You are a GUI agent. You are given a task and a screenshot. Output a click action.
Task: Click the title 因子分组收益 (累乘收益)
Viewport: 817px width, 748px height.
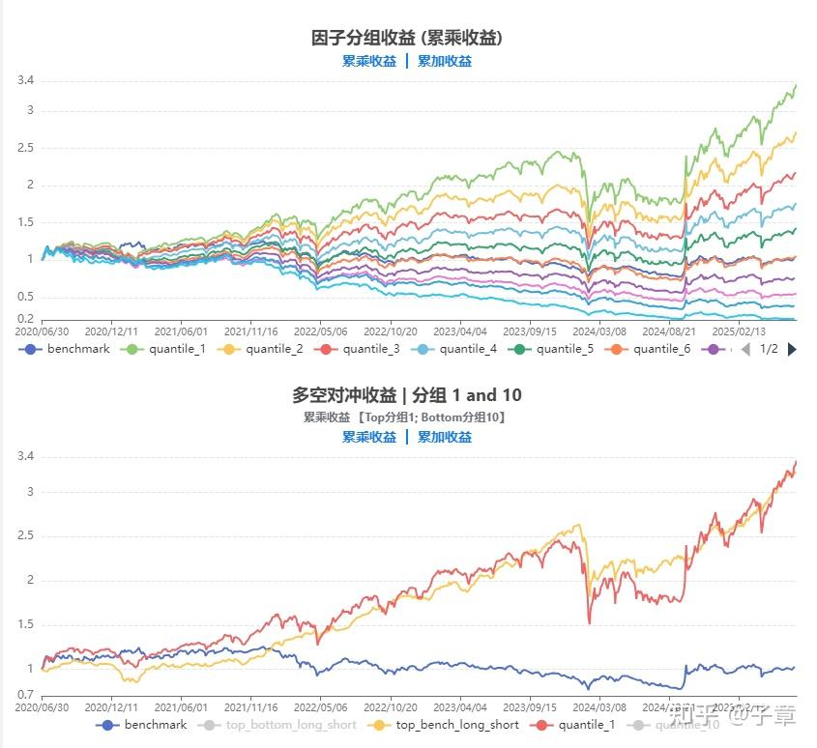pyautogui.click(x=407, y=38)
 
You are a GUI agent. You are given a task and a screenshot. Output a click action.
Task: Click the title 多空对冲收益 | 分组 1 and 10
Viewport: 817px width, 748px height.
pyautogui.click(x=407, y=395)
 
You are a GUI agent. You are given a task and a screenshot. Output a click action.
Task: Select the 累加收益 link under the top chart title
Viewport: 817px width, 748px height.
pyautogui.click(x=445, y=61)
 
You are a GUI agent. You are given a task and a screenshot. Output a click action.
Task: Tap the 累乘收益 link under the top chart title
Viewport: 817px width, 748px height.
pyautogui.click(x=369, y=61)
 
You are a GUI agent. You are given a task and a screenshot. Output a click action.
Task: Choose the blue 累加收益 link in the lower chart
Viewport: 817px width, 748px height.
pyautogui.click(x=445, y=437)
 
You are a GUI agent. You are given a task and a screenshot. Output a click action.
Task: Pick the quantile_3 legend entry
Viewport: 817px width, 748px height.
pyautogui.click(x=364, y=349)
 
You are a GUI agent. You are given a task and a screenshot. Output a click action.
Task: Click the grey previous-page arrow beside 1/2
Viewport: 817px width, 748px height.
pyautogui.click(x=745, y=349)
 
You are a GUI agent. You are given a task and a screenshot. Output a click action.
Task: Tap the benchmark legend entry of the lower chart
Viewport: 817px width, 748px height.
pyautogui.click(x=145, y=725)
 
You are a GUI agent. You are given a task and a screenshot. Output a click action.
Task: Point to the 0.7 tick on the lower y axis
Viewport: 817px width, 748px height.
pyautogui.click(x=25, y=695)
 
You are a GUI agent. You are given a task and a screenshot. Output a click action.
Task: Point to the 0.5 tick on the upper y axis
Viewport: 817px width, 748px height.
pyautogui.click(x=25, y=297)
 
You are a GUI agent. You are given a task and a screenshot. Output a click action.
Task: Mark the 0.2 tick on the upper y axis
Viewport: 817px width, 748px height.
pyautogui.click(x=25, y=319)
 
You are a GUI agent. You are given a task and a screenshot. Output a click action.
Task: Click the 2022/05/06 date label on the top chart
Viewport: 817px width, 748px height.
pyautogui.click(x=320, y=331)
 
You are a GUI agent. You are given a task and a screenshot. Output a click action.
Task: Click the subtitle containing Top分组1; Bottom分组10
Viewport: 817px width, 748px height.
pyautogui.click(x=407, y=417)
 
